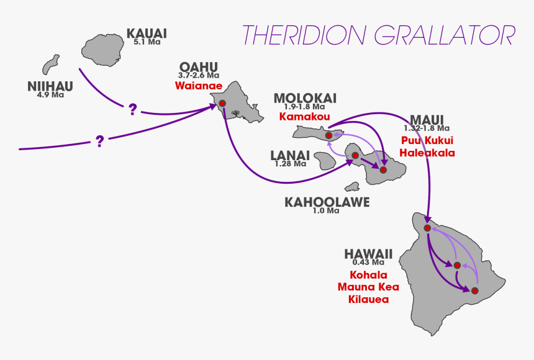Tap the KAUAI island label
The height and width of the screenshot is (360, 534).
click(147, 34)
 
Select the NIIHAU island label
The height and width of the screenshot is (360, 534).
click(50, 86)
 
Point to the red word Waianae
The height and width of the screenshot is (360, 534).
click(200, 85)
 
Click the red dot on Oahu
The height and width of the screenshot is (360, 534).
click(222, 103)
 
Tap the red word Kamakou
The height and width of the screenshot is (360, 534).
click(304, 116)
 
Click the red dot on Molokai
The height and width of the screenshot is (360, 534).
click(328, 135)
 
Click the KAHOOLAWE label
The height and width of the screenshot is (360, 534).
click(327, 202)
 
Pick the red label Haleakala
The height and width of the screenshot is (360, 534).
click(427, 153)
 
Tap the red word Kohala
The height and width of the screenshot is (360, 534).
click(368, 275)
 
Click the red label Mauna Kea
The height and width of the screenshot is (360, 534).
click(368, 287)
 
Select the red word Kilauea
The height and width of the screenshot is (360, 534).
click(368, 299)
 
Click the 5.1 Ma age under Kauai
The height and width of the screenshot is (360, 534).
click(147, 43)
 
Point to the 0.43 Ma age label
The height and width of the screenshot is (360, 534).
click(368, 262)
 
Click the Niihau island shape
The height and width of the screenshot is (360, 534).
click(50, 65)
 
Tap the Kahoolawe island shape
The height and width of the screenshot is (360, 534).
click(353, 186)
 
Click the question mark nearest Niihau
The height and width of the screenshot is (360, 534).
click(132, 110)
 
